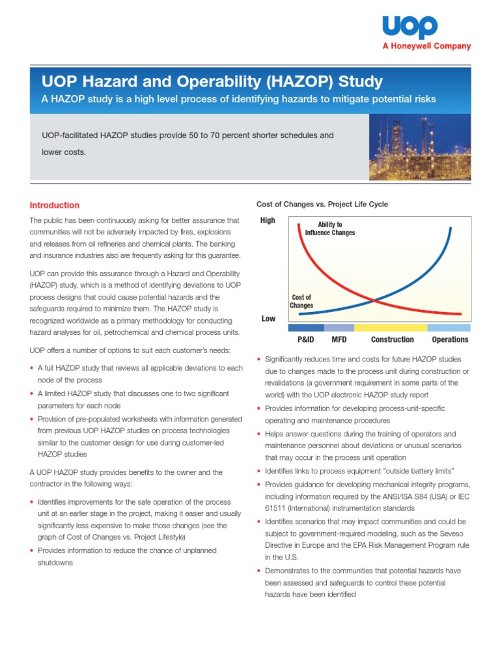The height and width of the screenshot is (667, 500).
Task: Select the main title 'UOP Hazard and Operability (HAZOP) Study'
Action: pos(212,82)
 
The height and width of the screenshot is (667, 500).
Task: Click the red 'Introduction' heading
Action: pos(55,205)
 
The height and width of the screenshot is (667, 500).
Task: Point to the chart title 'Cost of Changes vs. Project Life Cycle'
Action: pos(322,205)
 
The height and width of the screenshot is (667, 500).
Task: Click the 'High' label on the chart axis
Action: pos(268,221)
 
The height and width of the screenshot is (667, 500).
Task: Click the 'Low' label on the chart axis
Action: pos(268,319)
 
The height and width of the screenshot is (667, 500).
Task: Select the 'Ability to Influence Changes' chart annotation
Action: pos(330,229)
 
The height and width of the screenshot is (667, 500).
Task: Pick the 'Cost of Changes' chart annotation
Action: pos(301,301)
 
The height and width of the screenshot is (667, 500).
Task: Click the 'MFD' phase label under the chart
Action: pos(339,339)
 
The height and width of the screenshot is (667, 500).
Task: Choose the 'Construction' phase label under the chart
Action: pos(392,339)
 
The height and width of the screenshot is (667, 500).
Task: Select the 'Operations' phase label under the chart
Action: pos(450,339)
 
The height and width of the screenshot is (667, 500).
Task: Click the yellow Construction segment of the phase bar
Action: pos(391,328)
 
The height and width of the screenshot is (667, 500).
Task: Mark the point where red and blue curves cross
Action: pos(373,300)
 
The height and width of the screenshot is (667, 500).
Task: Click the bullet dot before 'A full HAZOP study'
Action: pos(33,369)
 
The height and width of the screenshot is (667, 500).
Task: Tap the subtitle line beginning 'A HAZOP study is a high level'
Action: pos(239,99)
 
